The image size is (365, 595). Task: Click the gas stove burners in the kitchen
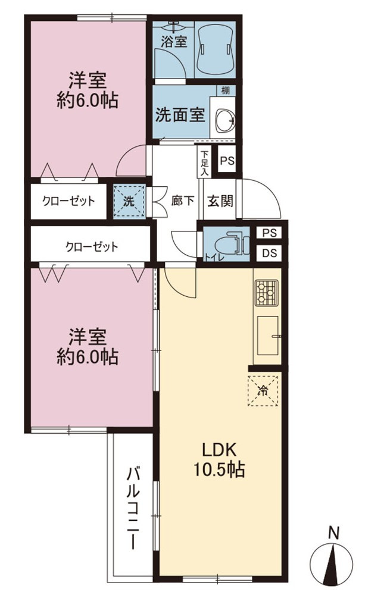(x=266, y=293)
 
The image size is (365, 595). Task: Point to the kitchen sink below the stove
(x=268, y=335)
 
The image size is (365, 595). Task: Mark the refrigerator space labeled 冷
(x=263, y=391)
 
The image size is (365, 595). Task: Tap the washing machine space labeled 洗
(x=130, y=201)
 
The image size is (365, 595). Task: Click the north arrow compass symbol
(x=334, y=559)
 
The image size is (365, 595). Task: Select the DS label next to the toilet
(x=269, y=253)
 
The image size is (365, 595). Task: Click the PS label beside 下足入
(x=227, y=161)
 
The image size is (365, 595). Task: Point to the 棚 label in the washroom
(x=226, y=90)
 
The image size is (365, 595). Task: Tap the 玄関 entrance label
(x=220, y=201)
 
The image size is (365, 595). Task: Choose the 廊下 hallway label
(x=183, y=201)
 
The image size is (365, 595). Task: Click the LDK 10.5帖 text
(x=220, y=460)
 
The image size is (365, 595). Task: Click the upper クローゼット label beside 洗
(x=68, y=201)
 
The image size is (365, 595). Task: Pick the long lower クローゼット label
(x=92, y=247)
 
